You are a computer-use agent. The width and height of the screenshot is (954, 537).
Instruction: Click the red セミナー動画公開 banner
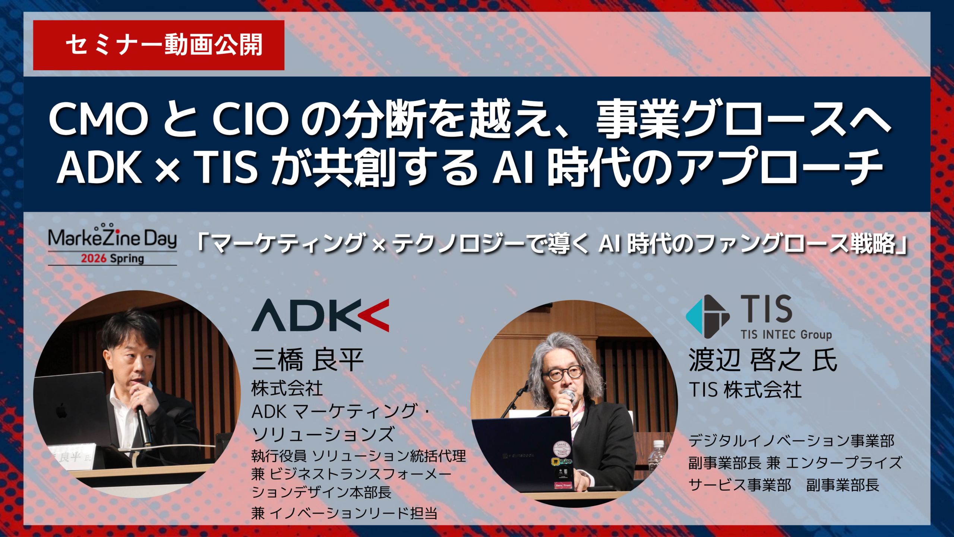pyautogui.click(x=158, y=45)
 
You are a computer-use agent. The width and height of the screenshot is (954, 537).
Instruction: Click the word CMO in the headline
pyautogui.click(x=99, y=120)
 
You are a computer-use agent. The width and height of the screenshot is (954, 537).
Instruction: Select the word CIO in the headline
pyautogui.click(x=250, y=120)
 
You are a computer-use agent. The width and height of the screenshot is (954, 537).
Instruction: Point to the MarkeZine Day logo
pyautogui.click(x=113, y=244)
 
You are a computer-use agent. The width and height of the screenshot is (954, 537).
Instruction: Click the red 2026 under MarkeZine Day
pyautogui.click(x=94, y=258)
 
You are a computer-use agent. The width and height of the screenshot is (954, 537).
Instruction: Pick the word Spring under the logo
pyautogui.click(x=127, y=259)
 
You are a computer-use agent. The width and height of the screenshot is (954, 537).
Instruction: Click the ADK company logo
pyautogui.click(x=320, y=315)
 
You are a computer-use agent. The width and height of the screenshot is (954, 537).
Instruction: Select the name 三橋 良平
pyautogui.click(x=308, y=360)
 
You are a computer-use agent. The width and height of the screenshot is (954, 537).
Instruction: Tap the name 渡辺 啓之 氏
pyautogui.click(x=763, y=360)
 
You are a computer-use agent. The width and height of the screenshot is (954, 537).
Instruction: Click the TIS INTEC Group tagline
pyautogui.click(x=786, y=335)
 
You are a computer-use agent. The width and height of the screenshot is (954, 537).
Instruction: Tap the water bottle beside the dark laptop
pyautogui.click(x=657, y=457)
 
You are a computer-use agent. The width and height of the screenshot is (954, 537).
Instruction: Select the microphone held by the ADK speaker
pyautogui.click(x=143, y=425)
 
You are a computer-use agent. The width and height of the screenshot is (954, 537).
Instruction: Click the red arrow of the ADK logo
pyautogui.click(x=374, y=315)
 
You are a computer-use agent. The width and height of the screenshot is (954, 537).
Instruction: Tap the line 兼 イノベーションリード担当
pyautogui.click(x=344, y=513)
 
